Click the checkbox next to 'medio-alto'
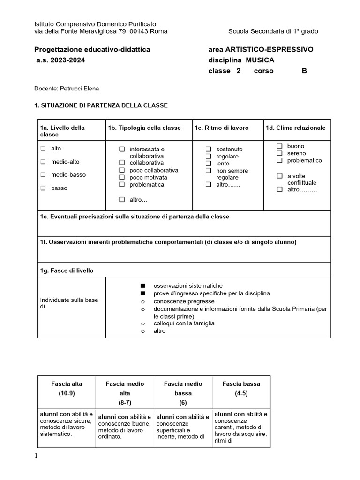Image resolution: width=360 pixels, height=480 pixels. (43, 162)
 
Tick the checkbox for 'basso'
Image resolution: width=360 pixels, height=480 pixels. (43, 188)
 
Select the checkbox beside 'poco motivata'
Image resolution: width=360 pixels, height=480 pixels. (122, 178)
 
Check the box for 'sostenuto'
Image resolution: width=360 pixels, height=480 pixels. (208, 149)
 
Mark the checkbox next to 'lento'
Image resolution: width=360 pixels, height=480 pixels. (208, 164)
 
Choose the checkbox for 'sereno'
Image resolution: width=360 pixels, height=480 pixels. (279, 153)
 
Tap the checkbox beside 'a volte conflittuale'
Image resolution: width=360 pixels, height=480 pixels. (279, 176)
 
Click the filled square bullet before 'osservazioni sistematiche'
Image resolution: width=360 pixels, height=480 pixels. (142, 286)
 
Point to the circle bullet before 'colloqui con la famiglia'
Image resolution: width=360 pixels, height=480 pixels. (142, 324)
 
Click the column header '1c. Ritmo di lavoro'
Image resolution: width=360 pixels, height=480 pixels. (222, 128)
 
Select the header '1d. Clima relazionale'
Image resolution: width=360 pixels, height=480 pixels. (295, 128)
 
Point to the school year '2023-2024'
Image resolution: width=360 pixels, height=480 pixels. (67, 60)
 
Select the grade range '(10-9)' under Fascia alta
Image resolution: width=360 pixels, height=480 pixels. (67, 393)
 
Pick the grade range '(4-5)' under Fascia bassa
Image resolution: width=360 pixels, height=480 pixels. (241, 393)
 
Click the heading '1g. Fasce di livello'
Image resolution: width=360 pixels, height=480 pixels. (67, 271)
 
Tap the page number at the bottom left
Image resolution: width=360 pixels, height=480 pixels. (36, 456)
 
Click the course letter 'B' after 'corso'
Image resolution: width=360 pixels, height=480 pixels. (304, 71)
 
